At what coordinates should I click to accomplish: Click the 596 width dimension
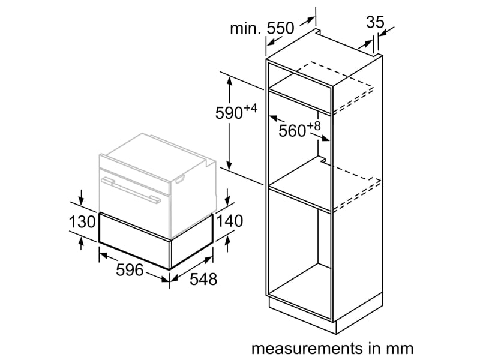click(x=130, y=270)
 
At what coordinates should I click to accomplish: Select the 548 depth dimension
click(x=203, y=279)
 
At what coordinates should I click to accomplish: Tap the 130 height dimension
click(x=82, y=221)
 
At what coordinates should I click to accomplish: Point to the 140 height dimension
click(x=230, y=220)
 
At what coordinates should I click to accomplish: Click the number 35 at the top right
click(x=375, y=22)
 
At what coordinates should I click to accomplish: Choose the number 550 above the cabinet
click(x=280, y=28)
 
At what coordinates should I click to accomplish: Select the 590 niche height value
click(x=229, y=113)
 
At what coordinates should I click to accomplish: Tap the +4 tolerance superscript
click(x=250, y=108)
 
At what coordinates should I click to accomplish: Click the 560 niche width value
click(x=292, y=131)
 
